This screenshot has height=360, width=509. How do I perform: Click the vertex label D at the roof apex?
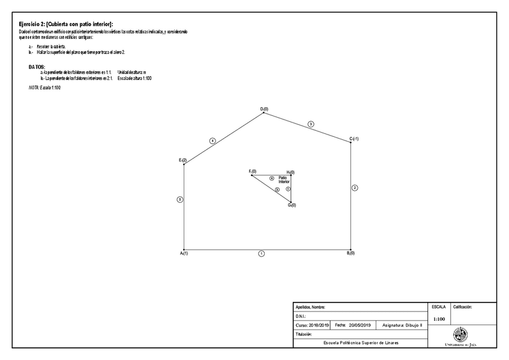pos(264,109)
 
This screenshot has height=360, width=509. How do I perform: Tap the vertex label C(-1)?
pos(354,139)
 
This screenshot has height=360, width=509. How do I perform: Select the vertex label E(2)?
pos(182,160)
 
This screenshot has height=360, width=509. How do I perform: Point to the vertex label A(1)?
pos(184,254)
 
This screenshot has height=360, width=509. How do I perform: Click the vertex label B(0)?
pos(351,253)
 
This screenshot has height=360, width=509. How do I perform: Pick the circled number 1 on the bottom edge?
pos(261,254)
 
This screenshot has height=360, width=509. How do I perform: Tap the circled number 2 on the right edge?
pos(355,188)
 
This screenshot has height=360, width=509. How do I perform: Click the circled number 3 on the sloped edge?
pos(310,124)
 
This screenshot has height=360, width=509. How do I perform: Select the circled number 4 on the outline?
pos(212,140)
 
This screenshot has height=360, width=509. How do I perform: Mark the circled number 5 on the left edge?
pos(179,199)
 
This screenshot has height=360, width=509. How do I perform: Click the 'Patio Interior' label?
pos(283,179)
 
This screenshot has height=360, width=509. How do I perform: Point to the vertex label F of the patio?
pos(252,172)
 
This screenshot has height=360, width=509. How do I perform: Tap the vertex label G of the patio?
pos(291,205)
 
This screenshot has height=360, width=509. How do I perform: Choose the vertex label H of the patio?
pos(290,172)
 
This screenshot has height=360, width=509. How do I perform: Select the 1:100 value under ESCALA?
pos(439,319)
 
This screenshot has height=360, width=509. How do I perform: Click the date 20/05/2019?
pos(360,325)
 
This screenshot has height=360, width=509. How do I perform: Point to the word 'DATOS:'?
pos(37,67)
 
